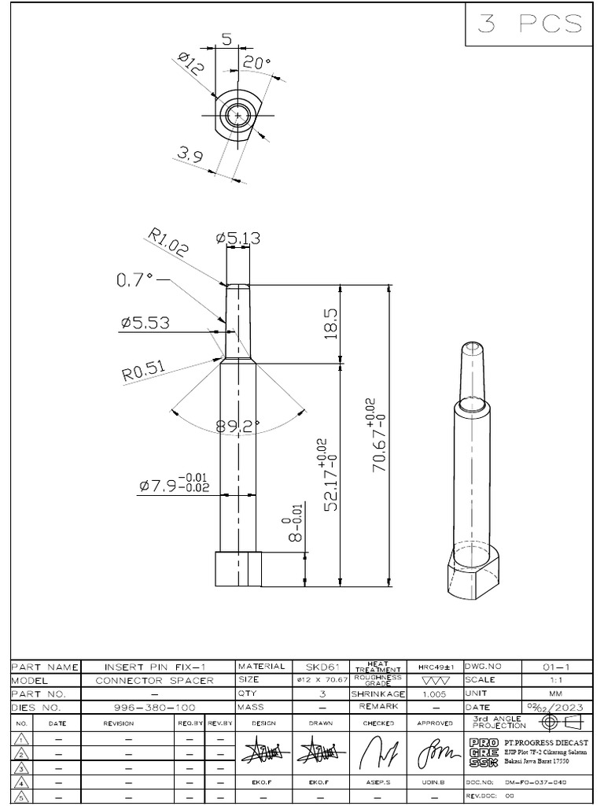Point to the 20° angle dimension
click(256, 64)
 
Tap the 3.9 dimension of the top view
click(190, 156)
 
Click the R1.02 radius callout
click(168, 244)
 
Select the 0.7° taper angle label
click(134, 279)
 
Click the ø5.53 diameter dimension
click(145, 323)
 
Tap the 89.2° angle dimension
click(238, 426)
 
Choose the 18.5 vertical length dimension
click(330, 323)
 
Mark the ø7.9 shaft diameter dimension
click(174, 484)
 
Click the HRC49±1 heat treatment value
click(435, 667)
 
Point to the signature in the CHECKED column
click(374, 756)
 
